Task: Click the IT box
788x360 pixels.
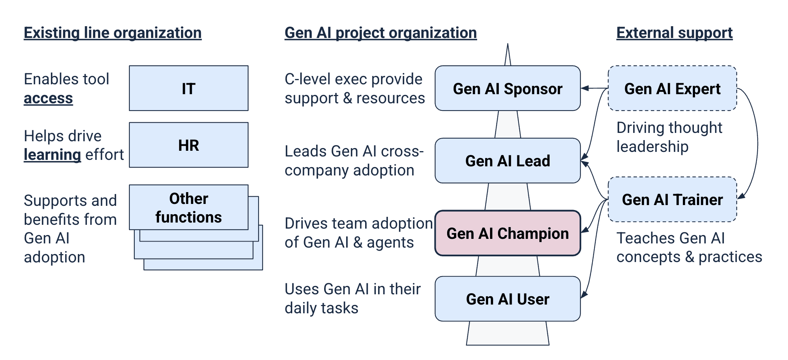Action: click(x=189, y=88)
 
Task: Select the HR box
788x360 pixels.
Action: click(x=189, y=145)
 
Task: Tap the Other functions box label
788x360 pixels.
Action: click(x=189, y=208)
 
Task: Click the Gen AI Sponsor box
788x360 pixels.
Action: click(x=507, y=88)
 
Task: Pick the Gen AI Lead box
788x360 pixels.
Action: click(x=507, y=161)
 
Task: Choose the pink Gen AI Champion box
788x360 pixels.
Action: click(x=507, y=233)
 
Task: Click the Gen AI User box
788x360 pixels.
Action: click(x=507, y=299)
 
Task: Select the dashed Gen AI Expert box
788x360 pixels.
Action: click(x=672, y=88)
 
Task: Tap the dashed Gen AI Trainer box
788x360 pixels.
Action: click(x=672, y=199)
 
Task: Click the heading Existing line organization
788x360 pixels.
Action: click(x=112, y=33)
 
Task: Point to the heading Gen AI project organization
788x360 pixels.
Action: click(x=380, y=33)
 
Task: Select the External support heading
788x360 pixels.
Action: click(x=674, y=33)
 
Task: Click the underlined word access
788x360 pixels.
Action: click(x=48, y=98)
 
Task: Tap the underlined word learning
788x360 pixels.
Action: click(x=52, y=155)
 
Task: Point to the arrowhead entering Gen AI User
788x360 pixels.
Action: click(x=584, y=294)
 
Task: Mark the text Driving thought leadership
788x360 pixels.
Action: click(x=669, y=137)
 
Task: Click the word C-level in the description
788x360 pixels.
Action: click(x=306, y=79)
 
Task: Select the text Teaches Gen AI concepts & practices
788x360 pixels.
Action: click(x=689, y=248)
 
